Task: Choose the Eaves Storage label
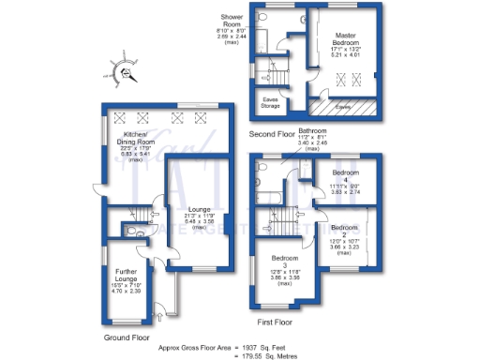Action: tap(270, 103)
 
